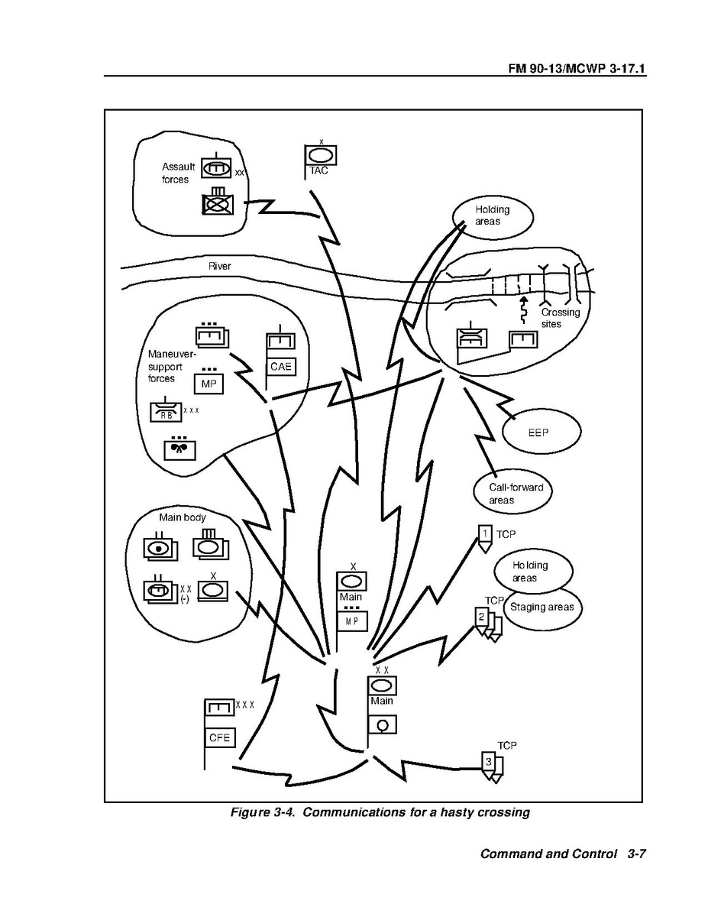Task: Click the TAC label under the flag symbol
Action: point(318,171)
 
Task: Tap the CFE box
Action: point(219,738)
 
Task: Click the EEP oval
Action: point(538,432)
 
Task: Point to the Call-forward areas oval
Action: point(510,494)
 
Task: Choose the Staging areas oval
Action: point(543,608)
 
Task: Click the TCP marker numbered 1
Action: point(484,533)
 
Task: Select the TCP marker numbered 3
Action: point(489,761)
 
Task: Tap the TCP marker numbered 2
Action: point(481,616)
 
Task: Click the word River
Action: point(220,267)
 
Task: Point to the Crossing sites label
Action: point(561,318)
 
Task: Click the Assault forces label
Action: point(178,173)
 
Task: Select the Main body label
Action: point(182,517)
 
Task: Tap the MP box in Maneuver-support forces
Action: point(208,383)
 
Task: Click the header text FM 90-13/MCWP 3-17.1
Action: point(577,69)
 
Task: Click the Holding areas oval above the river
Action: point(492,215)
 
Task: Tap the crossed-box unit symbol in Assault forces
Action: point(217,203)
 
